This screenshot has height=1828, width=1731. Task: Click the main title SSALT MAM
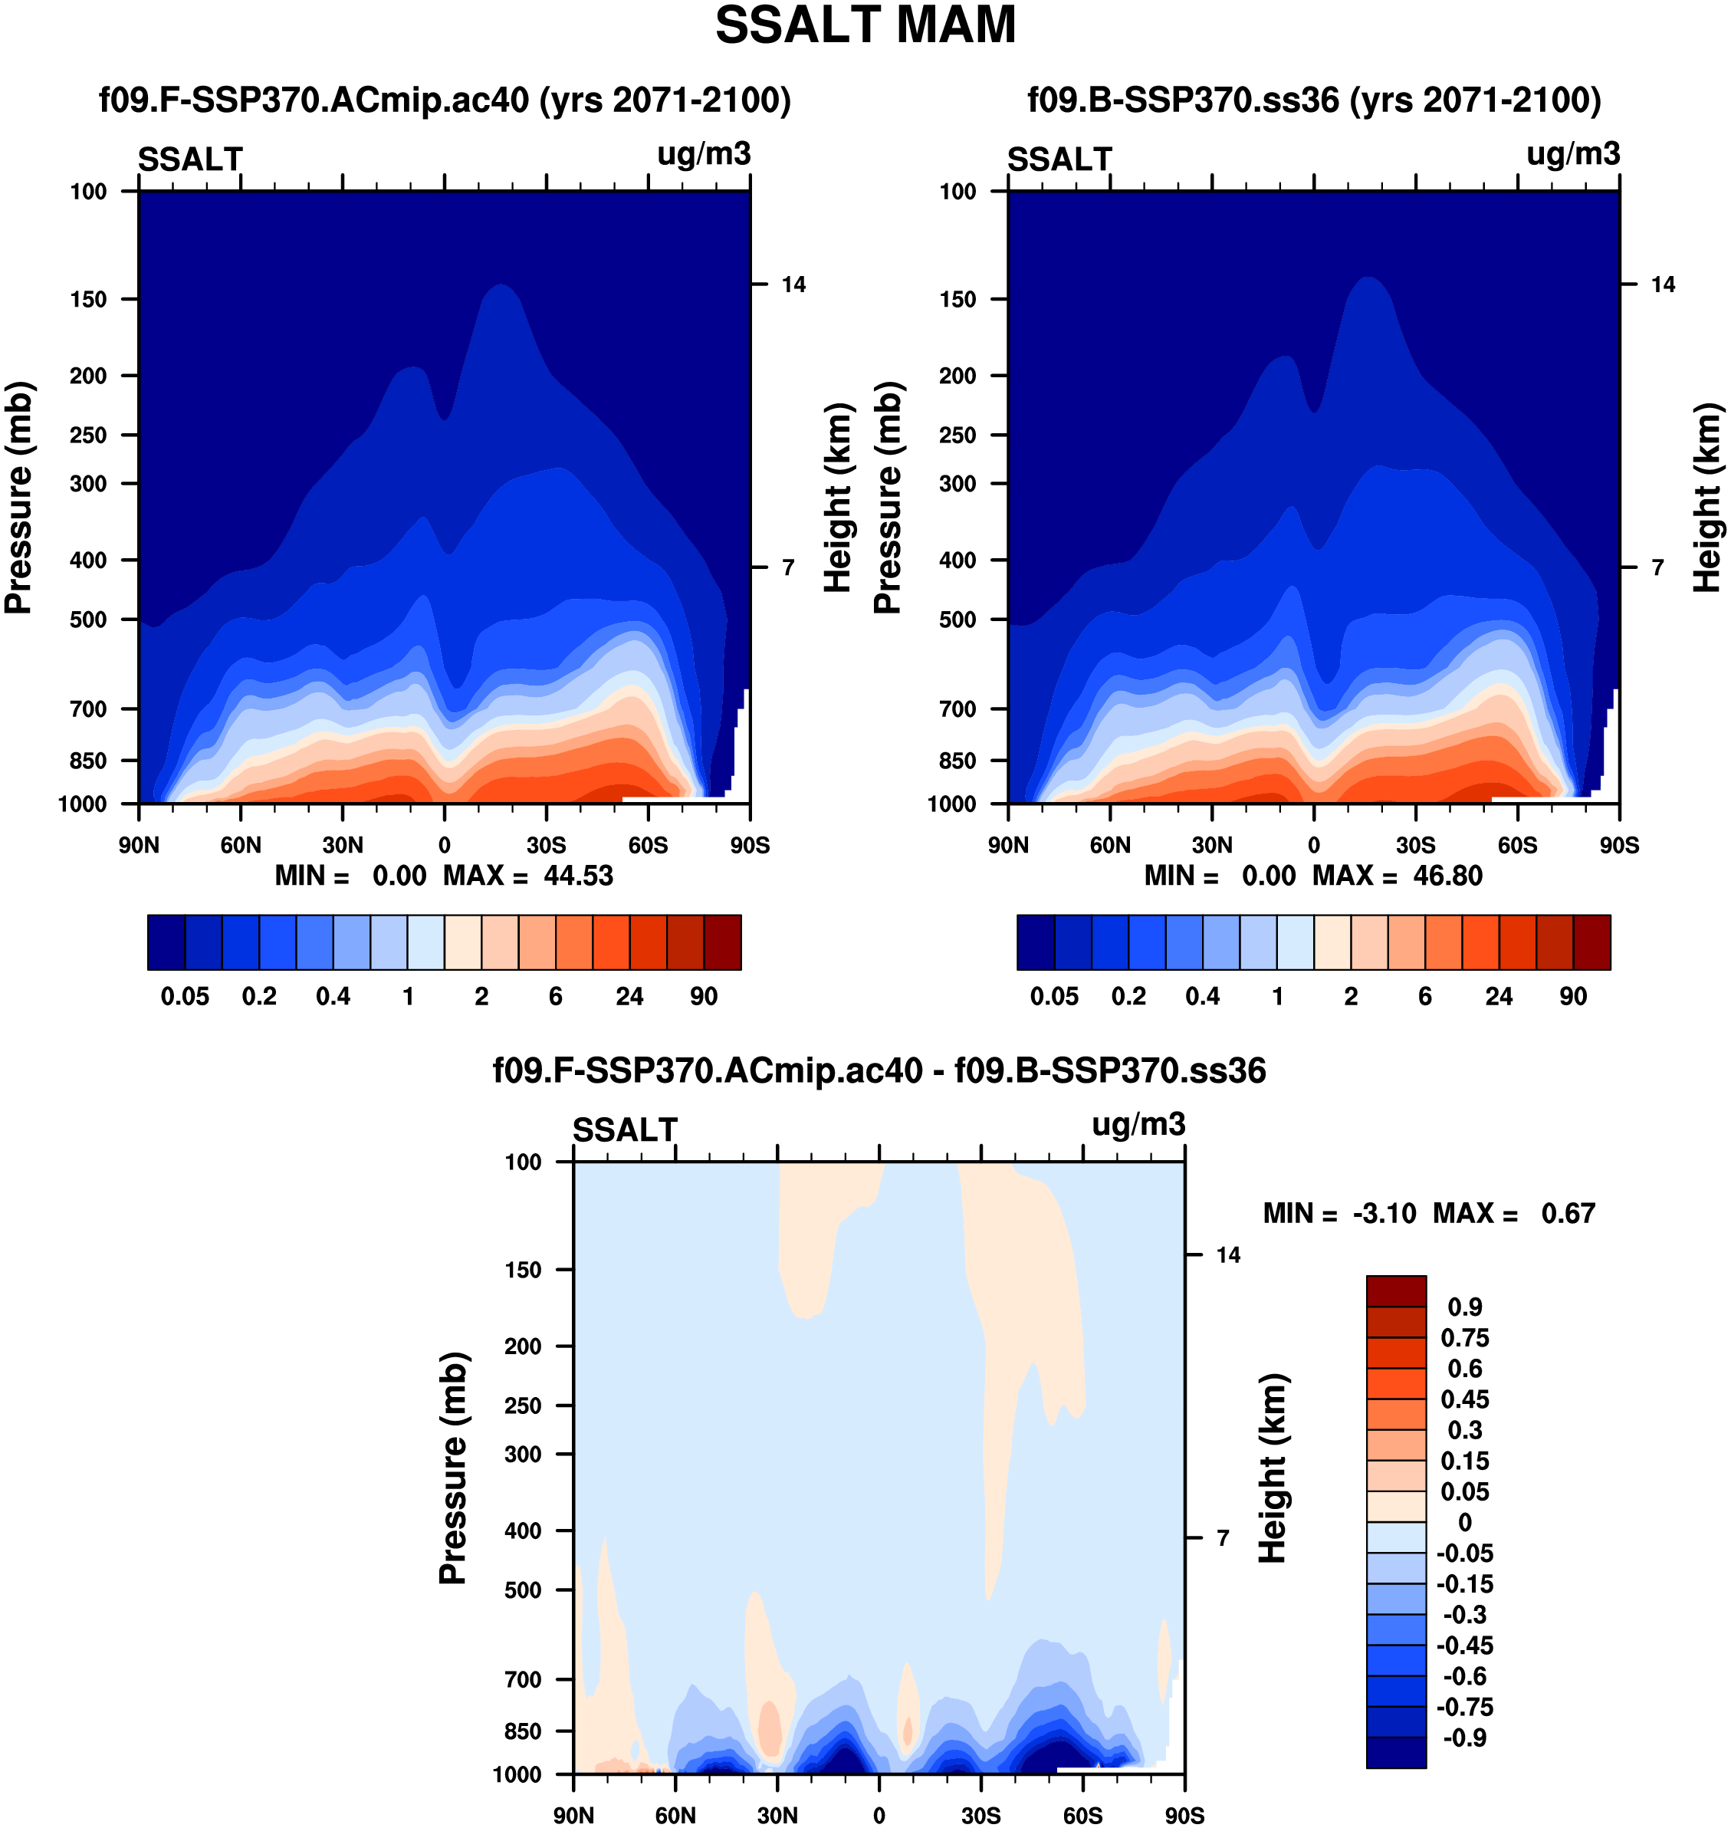point(865,26)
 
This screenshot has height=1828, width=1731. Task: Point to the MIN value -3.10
point(1384,1214)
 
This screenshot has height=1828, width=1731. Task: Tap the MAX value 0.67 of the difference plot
point(1568,1214)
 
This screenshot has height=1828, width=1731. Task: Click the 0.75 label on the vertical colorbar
point(1464,1338)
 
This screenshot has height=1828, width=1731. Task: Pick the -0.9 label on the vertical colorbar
point(1464,1738)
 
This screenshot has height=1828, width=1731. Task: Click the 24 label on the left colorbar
point(629,997)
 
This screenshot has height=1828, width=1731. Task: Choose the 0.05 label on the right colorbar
point(1054,997)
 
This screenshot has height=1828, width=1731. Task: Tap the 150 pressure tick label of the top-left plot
point(89,299)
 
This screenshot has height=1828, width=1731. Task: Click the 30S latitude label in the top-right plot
point(1415,845)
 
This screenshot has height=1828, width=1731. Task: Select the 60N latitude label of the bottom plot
point(675,1816)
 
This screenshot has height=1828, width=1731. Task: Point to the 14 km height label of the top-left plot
point(793,284)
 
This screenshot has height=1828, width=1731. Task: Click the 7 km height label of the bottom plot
point(1223,1538)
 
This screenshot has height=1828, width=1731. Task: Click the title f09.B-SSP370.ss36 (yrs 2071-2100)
point(1314,100)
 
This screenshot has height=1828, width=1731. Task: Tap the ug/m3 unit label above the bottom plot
point(1138,1125)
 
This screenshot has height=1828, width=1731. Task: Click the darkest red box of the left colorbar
point(722,942)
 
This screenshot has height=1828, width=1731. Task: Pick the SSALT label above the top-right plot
point(1059,159)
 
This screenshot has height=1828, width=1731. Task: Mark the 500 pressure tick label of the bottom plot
point(523,1590)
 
